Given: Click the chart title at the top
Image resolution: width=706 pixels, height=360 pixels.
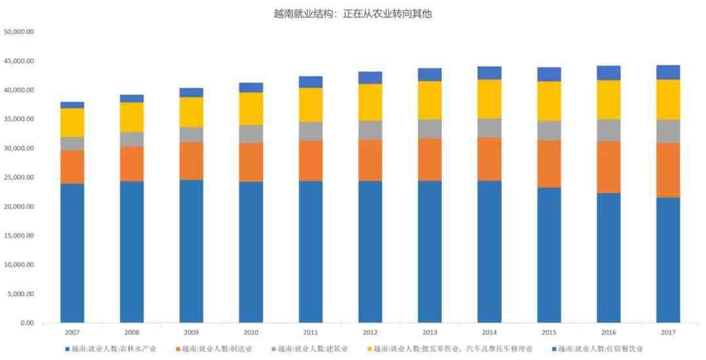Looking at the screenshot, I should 353,14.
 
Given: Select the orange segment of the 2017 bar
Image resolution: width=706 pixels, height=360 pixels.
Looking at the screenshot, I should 668,170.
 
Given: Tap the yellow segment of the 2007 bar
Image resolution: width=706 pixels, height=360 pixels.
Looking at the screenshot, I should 72,122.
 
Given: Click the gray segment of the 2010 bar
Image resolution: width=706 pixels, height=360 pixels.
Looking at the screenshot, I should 251,134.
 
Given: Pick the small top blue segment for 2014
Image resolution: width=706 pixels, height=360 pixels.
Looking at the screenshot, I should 489,73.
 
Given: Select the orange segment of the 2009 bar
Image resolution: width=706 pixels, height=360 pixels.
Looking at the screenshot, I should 192,161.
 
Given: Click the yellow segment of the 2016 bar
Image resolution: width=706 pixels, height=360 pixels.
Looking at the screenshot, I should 609,99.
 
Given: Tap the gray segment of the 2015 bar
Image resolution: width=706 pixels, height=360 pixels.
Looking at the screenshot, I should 549,130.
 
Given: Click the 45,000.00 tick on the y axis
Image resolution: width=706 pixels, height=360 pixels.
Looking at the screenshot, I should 19,61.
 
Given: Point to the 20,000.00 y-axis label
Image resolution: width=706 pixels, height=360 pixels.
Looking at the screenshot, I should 19,206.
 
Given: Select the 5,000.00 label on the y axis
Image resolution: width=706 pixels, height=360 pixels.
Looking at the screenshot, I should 21,294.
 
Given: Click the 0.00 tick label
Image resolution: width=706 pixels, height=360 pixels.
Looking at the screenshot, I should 26,323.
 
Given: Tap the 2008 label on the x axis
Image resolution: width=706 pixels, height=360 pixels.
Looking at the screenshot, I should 131,333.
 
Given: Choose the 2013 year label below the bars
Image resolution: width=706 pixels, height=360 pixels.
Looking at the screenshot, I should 429,333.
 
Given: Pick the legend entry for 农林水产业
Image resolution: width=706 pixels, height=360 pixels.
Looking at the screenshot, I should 110,349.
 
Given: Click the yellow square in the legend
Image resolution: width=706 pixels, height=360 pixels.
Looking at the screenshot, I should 369,349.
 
